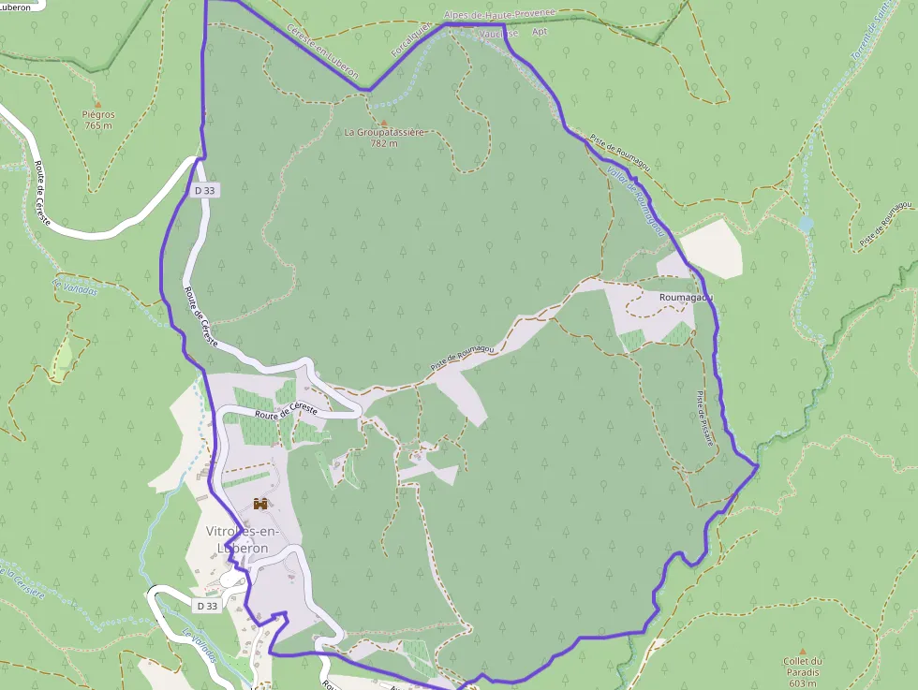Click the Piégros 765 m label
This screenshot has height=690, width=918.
(x=98, y=120)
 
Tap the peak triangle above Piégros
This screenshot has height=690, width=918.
(x=97, y=105)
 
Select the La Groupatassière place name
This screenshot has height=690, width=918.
(x=384, y=133)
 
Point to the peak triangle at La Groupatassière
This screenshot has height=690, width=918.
(x=383, y=122)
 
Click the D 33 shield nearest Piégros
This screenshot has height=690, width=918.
(x=206, y=190)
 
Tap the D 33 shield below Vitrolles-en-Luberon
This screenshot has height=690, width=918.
(x=208, y=606)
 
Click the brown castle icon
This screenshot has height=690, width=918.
(x=260, y=504)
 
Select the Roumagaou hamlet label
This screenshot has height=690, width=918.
(x=687, y=297)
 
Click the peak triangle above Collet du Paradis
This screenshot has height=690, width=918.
(x=802, y=651)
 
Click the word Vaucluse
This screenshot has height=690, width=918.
(x=497, y=33)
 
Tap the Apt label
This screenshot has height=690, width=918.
(x=539, y=31)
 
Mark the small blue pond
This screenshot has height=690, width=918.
(x=807, y=225)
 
